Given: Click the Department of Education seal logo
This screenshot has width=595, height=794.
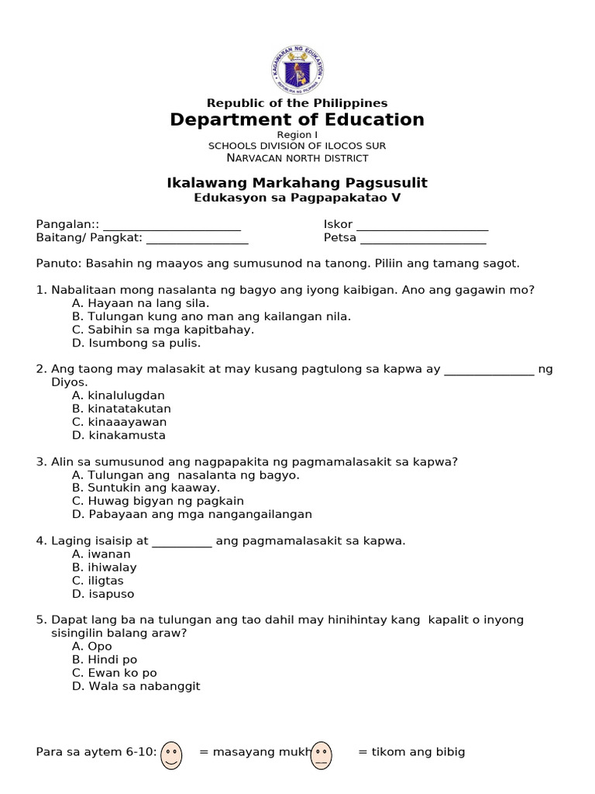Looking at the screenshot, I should (x=297, y=69).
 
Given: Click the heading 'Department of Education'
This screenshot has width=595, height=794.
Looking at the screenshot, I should (x=297, y=119).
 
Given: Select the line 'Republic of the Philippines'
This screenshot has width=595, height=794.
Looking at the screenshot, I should (x=297, y=103).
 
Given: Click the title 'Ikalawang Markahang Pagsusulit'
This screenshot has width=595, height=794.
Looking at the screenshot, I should (x=297, y=183).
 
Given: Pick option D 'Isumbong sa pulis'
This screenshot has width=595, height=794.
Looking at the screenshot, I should (x=136, y=343).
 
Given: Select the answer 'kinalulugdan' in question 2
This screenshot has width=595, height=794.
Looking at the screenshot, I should (x=119, y=395).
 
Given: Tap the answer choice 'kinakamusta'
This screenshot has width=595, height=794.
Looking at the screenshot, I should (x=119, y=435).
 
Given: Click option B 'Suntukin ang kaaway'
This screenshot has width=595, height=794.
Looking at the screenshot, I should (x=146, y=488).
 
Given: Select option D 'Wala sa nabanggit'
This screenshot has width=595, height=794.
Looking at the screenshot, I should (x=136, y=686).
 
